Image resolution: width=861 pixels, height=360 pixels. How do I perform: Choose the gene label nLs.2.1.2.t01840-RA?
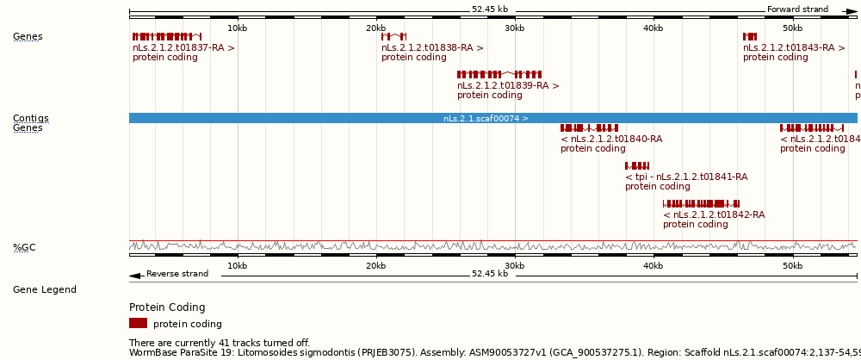coord(611,139)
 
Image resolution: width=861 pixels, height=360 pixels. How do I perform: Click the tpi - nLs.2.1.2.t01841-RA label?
coord(686,177)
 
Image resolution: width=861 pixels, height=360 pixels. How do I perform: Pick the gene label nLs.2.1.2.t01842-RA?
coord(714,214)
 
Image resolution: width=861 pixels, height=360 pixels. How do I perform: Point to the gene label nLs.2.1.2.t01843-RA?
coord(794,48)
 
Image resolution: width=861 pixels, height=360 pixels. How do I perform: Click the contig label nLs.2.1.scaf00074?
coord(486,119)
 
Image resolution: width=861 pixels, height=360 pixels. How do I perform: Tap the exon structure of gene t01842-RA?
coord(701,203)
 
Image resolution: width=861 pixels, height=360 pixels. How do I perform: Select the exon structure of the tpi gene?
coord(637,165)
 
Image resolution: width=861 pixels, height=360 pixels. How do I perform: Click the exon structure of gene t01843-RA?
coord(750,36)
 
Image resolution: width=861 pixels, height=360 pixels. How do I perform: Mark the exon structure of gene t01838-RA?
coord(393,36)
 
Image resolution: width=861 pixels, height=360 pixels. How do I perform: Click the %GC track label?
coord(24,248)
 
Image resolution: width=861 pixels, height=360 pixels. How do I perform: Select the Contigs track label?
coord(30,118)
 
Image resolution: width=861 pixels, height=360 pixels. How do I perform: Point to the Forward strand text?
coord(797,9)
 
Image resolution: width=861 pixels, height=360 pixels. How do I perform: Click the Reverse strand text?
coord(177,274)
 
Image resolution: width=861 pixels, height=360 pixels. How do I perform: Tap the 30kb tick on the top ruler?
coord(515,28)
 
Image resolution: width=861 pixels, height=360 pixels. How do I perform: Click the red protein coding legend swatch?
coord(138,324)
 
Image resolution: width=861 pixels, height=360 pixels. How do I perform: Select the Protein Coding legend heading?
coord(167,307)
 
